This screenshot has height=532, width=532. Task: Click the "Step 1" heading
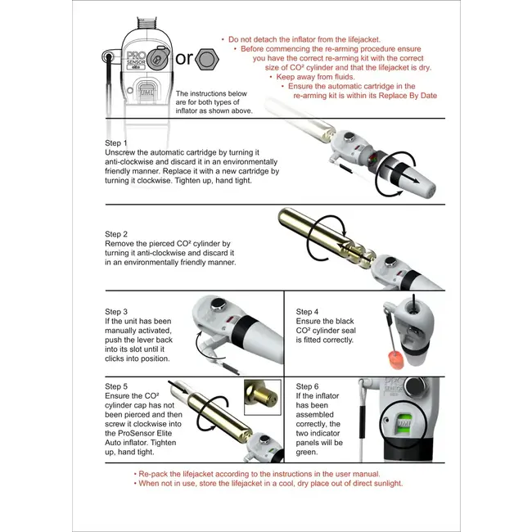point(117,142)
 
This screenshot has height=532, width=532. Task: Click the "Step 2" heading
point(117,233)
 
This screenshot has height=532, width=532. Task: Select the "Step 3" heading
point(117,312)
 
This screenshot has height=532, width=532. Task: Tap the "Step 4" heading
point(308,312)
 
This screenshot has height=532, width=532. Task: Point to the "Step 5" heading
point(117,385)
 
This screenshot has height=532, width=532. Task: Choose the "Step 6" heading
point(308,385)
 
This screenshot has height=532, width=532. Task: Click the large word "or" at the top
point(185,59)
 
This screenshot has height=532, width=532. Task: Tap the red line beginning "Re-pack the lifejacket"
point(256,474)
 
